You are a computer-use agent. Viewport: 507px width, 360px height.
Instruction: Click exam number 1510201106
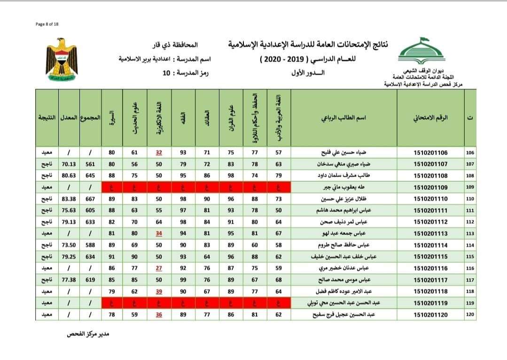click(x=430, y=153)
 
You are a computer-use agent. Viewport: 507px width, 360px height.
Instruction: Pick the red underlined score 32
click(x=159, y=153)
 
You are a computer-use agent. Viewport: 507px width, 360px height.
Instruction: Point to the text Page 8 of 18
click(x=47, y=24)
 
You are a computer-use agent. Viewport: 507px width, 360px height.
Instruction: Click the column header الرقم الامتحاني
click(x=430, y=117)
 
